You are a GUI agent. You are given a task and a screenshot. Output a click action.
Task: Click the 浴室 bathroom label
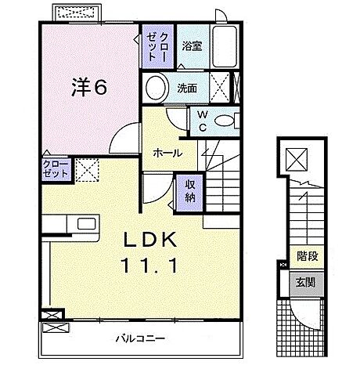[192, 46]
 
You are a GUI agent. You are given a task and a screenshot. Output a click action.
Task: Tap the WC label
[202, 120]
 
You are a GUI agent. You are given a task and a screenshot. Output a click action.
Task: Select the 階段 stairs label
[306, 255]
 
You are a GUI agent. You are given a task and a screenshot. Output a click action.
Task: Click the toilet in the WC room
[228, 120]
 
